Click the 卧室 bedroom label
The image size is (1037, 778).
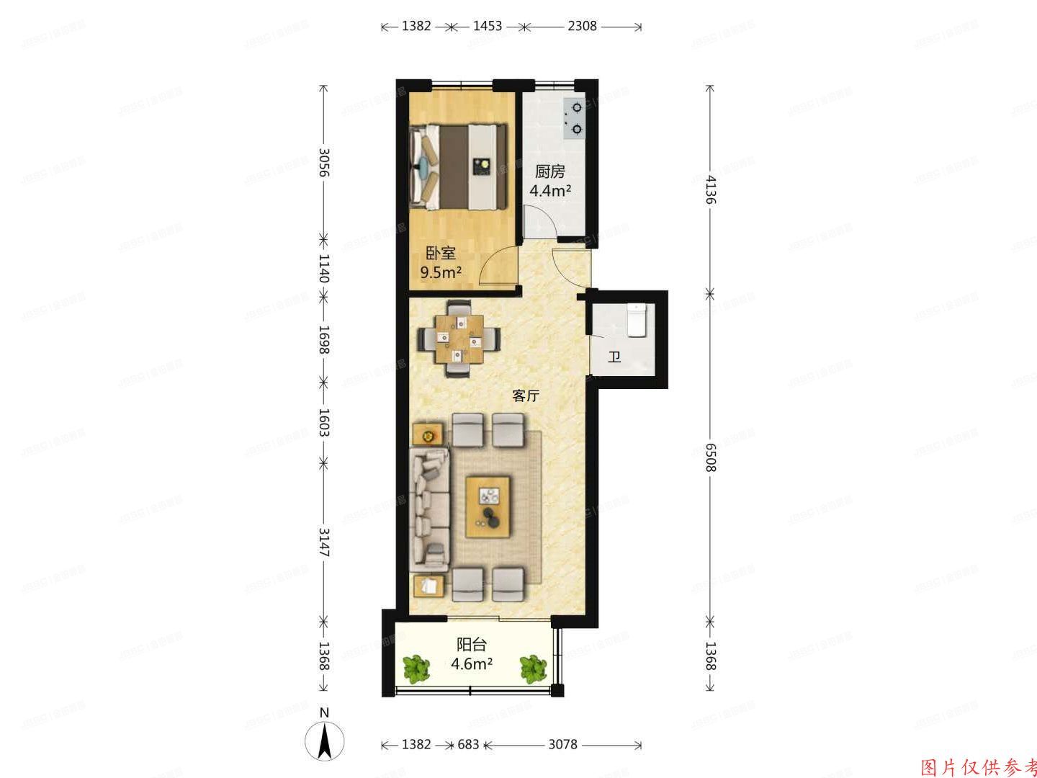click(x=441, y=253)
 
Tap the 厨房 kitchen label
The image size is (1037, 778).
click(x=549, y=172)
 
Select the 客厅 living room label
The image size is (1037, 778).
click(x=526, y=395)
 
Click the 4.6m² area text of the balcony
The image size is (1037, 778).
click(x=471, y=663)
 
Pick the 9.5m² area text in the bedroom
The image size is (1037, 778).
click(x=441, y=272)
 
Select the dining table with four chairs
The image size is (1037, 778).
click(x=459, y=337)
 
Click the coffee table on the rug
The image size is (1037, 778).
click(x=489, y=507)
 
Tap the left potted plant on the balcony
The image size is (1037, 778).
click(x=416, y=668)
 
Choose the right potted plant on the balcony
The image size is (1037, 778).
click(x=533, y=668)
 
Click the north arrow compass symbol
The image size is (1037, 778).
click(x=325, y=738)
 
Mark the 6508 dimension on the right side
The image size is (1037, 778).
click(x=711, y=457)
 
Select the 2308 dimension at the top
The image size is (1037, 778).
click(x=582, y=27)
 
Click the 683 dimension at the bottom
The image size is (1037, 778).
click(x=468, y=745)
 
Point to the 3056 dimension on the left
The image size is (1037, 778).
click(x=324, y=163)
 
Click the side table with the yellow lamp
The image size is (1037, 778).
click(x=428, y=435)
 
